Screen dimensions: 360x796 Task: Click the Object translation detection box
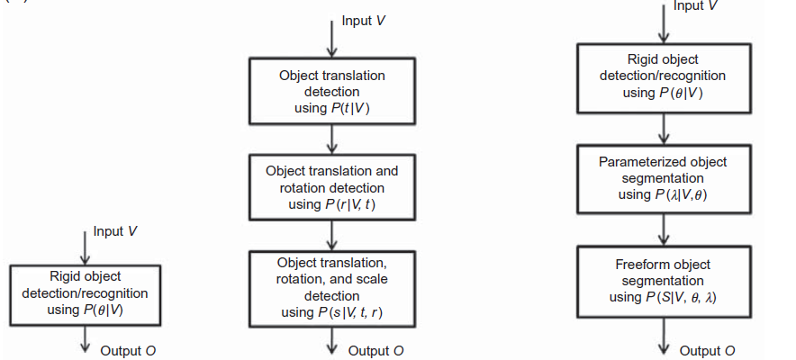coord(333,92)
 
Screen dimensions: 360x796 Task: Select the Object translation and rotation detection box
coord(333,187)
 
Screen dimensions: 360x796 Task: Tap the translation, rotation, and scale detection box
coord(333,286)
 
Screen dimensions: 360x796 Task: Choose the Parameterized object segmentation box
coord(663,178)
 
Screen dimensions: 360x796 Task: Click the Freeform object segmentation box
coord(663,281)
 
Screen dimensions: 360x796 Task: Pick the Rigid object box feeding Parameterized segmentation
coord(663,76)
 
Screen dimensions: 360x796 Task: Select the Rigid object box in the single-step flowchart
coord(85,292)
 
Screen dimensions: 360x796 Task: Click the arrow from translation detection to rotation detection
coord(333,139)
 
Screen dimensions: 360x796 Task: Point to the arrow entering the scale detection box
coord(333,236)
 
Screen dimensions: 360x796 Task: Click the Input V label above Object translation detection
coord(366,22)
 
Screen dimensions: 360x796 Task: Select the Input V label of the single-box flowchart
coord(115,231)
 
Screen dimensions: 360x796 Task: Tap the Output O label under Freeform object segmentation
coord(707,350)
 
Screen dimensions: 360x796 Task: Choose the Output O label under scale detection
coord(376,350)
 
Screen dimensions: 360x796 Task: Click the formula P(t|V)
coord(349,109)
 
